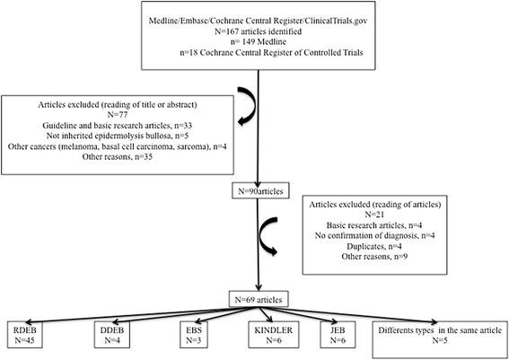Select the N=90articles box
255,190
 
